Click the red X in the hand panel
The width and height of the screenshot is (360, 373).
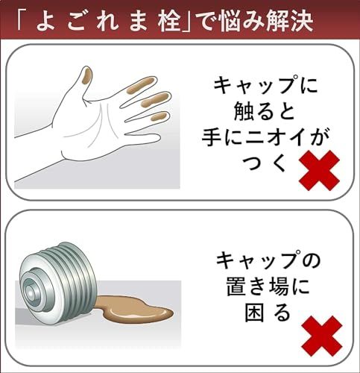pyautogui.click(x=319, y=169)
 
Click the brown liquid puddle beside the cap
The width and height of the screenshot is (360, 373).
pyautogui.click(x=138, y=308)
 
